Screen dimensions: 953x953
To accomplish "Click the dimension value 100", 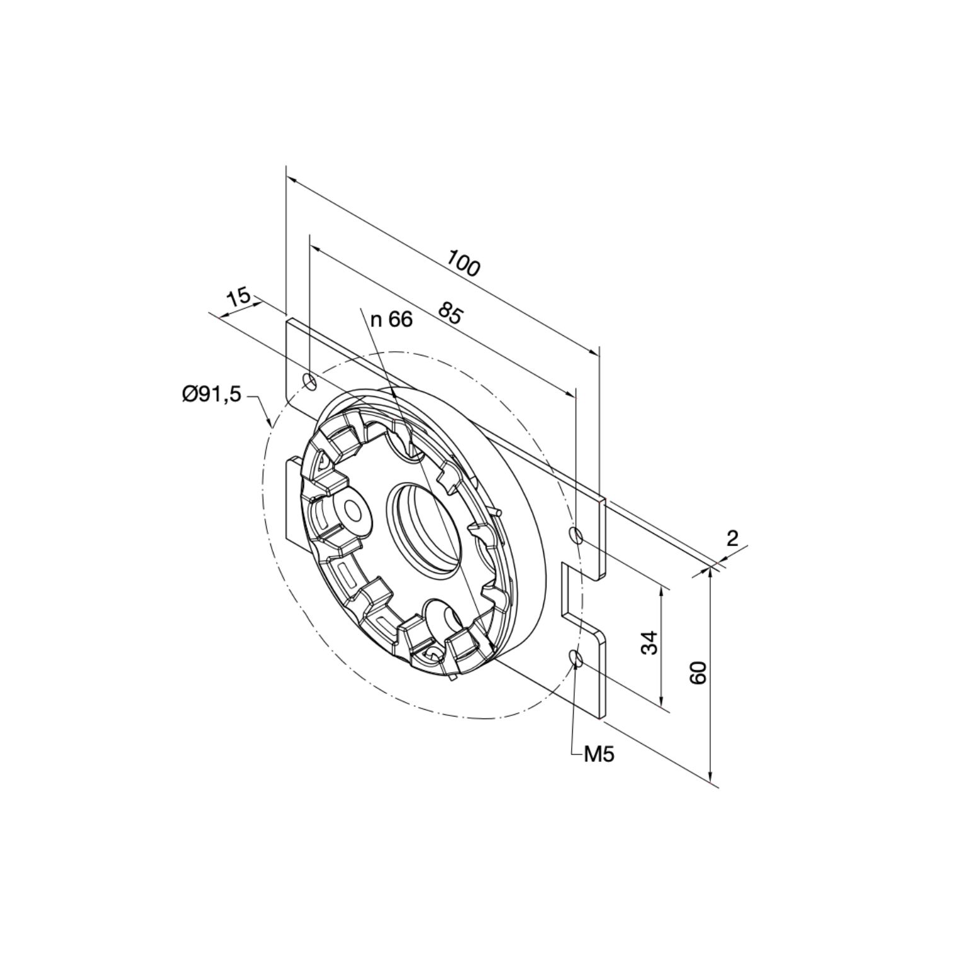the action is (464, 263).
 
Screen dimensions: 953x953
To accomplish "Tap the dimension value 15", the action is (240, 297).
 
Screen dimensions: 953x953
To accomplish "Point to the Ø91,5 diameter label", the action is (212, 395).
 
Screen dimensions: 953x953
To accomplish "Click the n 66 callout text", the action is (391, 320).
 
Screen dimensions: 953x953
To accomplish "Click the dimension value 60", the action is (698, 673).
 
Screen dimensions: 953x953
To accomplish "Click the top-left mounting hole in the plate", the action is (310, 381).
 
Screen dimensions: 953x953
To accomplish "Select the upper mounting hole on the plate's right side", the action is (576, 535).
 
